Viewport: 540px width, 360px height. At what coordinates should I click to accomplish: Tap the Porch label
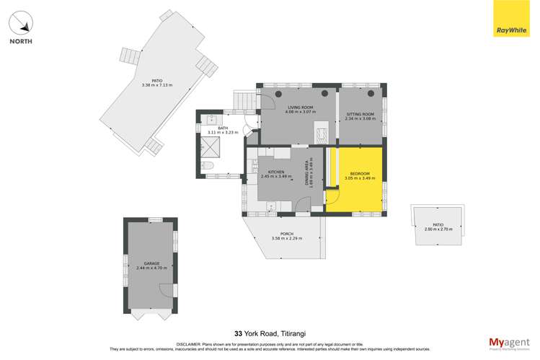tap(286, 235)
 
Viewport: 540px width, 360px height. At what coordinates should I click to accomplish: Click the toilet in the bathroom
tap(208, 166)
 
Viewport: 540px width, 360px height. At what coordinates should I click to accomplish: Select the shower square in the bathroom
tap(214, 147)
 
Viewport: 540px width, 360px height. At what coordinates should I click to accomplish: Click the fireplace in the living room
tap(322, 133)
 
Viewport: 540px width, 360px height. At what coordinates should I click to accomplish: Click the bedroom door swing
tap(333, 196)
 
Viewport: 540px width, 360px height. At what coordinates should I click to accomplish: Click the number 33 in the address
tap(239, 333)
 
